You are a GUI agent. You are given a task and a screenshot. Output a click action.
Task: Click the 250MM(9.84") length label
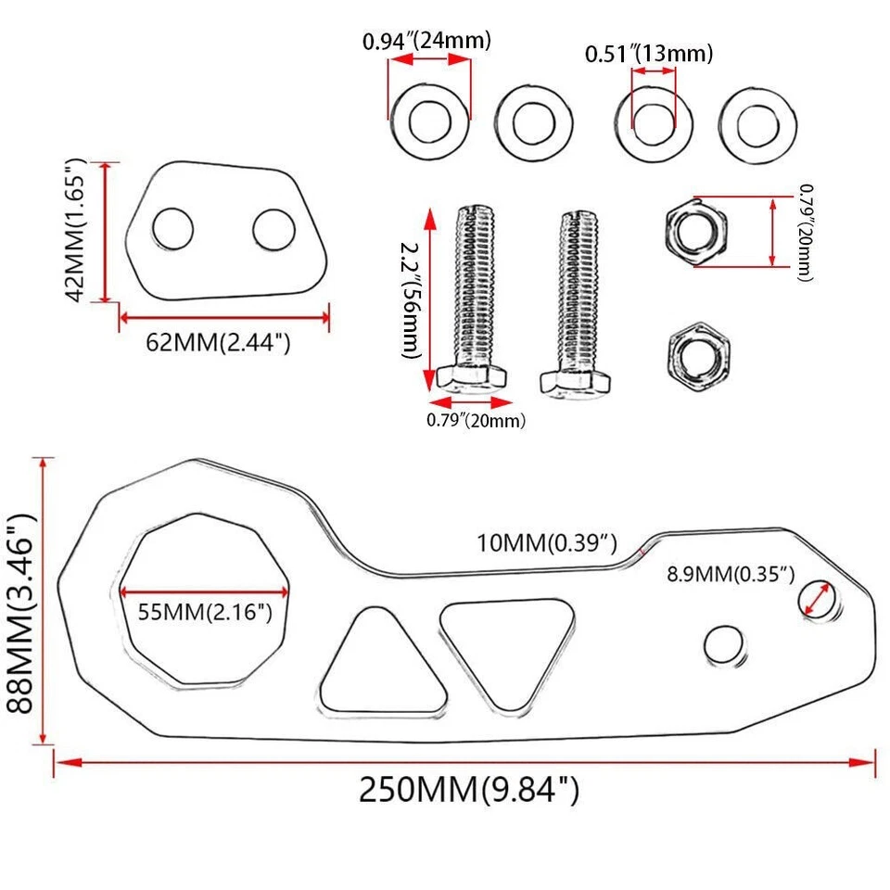point(469,790)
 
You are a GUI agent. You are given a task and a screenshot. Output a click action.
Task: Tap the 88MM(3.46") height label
point(20,601)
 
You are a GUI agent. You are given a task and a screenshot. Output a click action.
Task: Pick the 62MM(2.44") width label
point(219,343)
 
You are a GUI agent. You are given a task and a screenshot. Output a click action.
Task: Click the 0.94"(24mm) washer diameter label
point(426,41)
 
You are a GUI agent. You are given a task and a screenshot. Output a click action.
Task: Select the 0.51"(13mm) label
point(649,55)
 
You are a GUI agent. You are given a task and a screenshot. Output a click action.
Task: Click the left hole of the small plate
point(172,228)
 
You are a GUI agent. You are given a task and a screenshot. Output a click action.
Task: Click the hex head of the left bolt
point(472,377)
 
